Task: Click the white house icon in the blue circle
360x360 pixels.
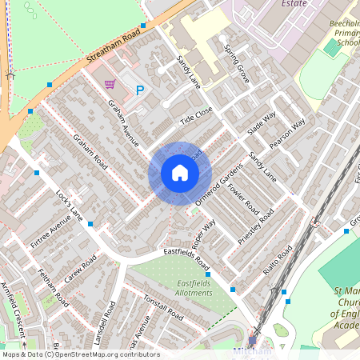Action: point(179,173)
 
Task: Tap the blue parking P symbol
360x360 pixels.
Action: point(140,91)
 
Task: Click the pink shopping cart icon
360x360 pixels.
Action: point(110,83)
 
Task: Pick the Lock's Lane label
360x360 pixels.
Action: point(70,206)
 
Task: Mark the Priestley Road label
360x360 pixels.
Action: point(256,227)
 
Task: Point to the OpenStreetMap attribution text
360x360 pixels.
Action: point(80,354)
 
